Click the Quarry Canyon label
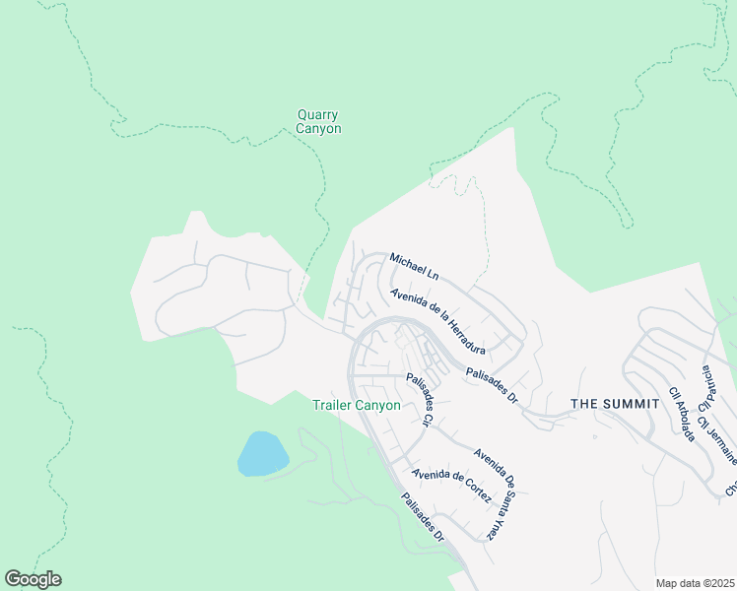pos(319,121)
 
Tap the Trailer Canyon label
pos(356,405)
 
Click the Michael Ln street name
pos(413,264)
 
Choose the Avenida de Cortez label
pos(451,483)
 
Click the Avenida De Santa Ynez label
pos(497,493)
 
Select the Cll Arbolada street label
pos(683,414)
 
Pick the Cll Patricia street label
pos(705,389)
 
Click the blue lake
pos(262,454)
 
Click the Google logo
pos(33,579)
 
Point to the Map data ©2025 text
pos(695,582)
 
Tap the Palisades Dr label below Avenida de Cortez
pos(424,516)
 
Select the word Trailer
pos(332,405)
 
